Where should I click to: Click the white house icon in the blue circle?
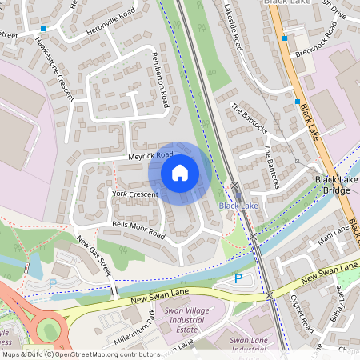[180, 173]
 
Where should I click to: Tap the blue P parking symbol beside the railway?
[238, 278]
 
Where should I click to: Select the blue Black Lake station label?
[238, 206]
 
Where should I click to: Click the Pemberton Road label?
[161, 79]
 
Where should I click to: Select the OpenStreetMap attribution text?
[80, 354]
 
